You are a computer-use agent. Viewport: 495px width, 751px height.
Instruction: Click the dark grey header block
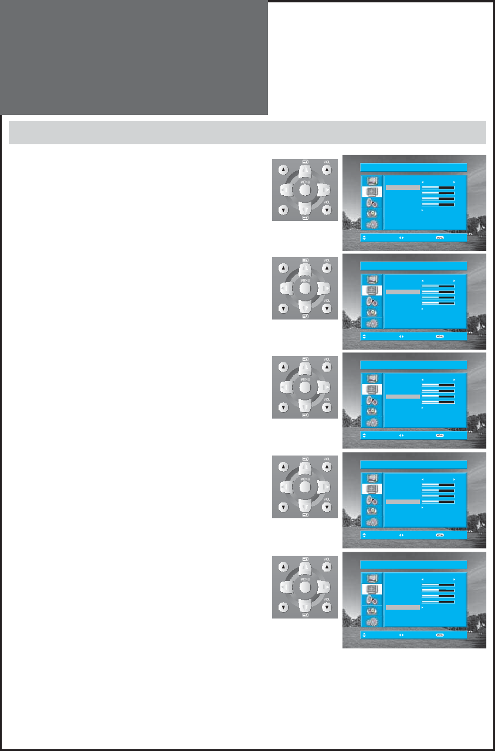pos(134,57)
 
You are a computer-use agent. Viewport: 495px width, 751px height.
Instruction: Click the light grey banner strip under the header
pos(247,132)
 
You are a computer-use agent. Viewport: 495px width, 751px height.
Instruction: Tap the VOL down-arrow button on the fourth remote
pos(327,507)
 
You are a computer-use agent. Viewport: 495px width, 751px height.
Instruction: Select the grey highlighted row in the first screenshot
pos(403,188)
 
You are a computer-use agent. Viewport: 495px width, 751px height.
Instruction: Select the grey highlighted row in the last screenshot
pos(403,607)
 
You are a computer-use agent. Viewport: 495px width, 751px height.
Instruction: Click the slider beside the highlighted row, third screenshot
pos(438,396)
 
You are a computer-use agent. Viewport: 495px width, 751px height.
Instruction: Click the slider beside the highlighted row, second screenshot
pos(438,291)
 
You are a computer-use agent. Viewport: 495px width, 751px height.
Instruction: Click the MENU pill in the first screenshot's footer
pos(439,238)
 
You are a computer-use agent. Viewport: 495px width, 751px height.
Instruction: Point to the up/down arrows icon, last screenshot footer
pos(365,634)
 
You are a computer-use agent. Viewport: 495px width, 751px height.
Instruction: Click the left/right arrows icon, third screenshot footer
pos(401,436)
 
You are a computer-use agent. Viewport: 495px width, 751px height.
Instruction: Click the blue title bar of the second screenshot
pos(413,266)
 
